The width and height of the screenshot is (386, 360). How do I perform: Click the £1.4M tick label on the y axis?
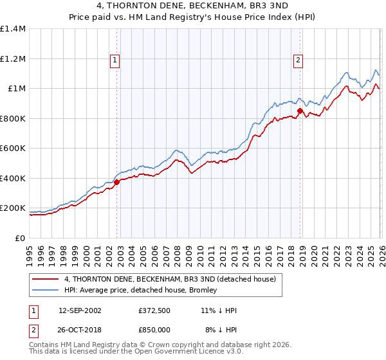(x=13, y=29)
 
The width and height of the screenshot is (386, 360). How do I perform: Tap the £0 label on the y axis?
(x=20, y=238)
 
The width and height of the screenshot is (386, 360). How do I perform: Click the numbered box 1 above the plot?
(x=115, y=61)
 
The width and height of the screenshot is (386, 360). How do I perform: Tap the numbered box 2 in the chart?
(x=299, y=61)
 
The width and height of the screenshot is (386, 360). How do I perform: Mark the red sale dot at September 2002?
(x=116, y=182)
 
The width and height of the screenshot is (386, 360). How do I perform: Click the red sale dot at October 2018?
(x=300, y=111)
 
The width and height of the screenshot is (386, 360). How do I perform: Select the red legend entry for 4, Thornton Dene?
(x=170, y=279)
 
